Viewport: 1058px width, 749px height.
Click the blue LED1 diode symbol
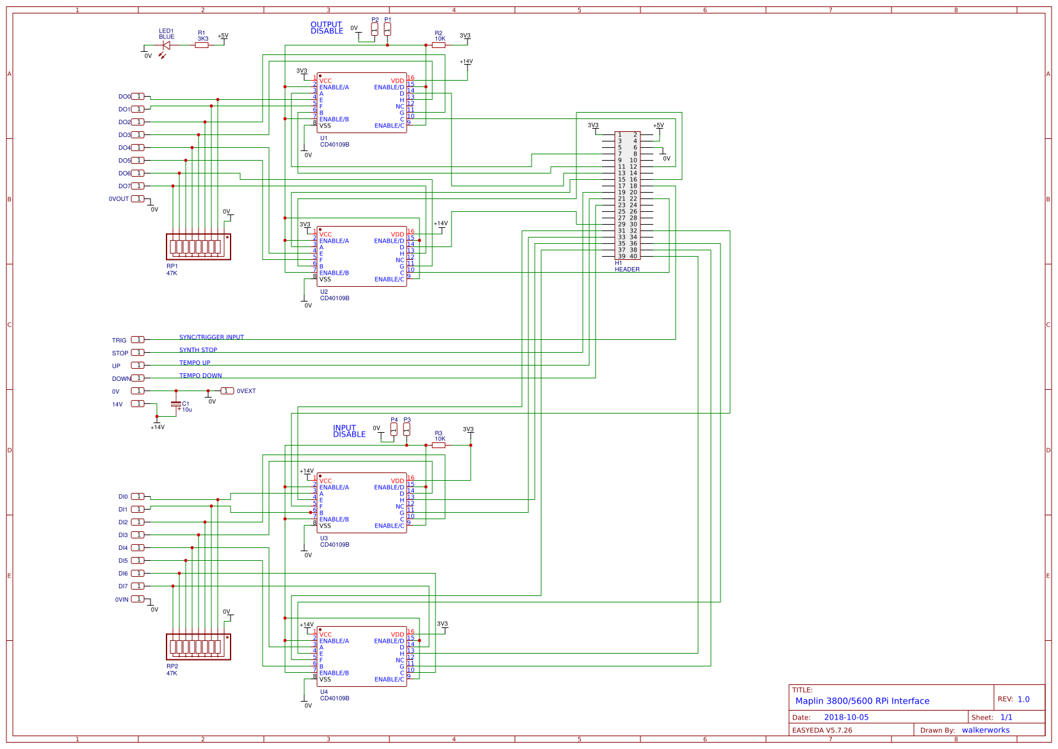pyautogui.click(x=167, y=45)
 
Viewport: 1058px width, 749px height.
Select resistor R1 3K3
pyautogui.click(x=202, y=45)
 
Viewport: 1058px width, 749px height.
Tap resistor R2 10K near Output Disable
pyautogui.click(x=439, y=45)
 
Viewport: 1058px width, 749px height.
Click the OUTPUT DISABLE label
pyautogui.click(x=327, y=28)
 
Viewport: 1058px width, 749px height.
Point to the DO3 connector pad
pyautogui.click(x=138, y=135)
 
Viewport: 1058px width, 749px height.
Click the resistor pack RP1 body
pyautogui.click(x=198, y=246)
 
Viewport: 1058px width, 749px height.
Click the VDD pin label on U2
pyautogui.click(x=397, y=235)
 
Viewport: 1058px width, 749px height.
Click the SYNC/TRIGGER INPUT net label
pyautogui.click(x=211, y=337)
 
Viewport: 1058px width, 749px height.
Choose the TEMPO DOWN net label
pyautogui.click(x=200, y=376)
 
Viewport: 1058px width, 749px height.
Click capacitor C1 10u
pyautogui.click(x=176, y=405)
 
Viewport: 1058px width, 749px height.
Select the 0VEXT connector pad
pyautogui.click(x=227, y=391)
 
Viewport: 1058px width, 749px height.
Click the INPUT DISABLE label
pyautogui.click(x=349, y=431)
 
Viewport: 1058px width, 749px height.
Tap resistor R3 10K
pyautogui.click(x=439, y=445)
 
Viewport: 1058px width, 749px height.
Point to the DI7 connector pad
pyautogui.click(x=138, y=586)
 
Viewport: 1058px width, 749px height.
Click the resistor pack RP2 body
pyautogui.click(x=198, y=647)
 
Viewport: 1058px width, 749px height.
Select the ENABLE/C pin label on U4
pyautogui.click(x=389, y=680)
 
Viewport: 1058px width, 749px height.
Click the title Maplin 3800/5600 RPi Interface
pyautogui.click(x=862, y=701)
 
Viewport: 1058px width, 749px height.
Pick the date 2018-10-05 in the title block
pyautogui.click(x=846, y=718)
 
